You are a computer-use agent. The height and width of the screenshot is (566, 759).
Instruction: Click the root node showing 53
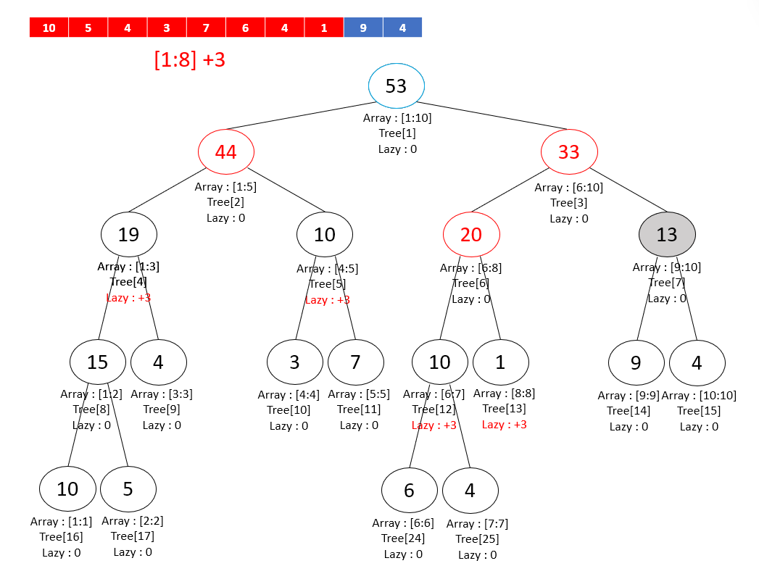pos(396,86)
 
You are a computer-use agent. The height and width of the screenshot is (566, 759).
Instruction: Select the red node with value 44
pos(225,152)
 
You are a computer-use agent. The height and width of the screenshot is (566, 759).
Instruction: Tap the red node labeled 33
pos(569,152)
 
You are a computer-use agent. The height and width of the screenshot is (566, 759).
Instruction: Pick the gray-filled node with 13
pos(667,234)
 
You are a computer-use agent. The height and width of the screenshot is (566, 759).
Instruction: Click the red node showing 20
pos(471,234)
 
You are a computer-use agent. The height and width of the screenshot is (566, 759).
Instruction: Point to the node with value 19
pos(128,234)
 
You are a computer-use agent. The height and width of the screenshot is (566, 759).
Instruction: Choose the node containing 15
pos(98,362)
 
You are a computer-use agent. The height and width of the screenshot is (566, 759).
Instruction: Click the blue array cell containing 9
pos(363,28)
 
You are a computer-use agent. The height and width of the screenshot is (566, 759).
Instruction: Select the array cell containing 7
pos(206,28)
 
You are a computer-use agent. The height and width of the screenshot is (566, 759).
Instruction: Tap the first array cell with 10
pos(49,28)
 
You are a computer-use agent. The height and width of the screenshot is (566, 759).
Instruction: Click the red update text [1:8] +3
pos(190,59)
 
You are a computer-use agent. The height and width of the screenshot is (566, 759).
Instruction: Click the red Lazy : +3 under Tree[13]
pos(505,425)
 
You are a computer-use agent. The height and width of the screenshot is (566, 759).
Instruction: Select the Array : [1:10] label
pos(397,118)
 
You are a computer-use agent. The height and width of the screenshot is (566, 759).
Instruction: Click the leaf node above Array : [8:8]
pos(501,362)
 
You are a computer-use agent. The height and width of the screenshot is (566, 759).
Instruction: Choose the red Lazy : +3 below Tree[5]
pos(327,300)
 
